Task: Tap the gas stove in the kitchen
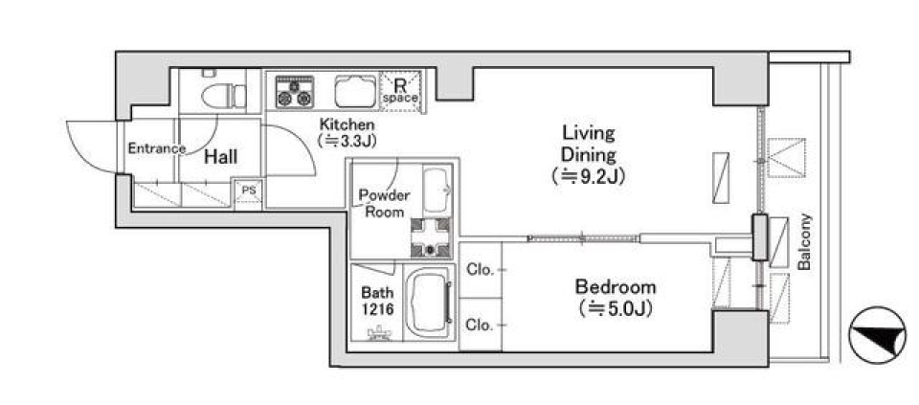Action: (294, 91)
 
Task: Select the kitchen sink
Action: (356, 91)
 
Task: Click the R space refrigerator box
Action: (401, 90)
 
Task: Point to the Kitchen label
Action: (347, 124)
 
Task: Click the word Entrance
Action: (156, 148)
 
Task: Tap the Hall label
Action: (221, 157)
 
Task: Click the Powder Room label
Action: (385, 203)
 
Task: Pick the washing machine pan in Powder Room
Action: (431, 237)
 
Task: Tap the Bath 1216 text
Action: (377, 301)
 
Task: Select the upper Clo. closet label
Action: (479, 270)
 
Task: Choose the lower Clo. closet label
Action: (479, 326)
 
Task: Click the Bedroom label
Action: (616, 288)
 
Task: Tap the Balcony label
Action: (805, 242)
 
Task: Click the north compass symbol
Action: (878, 335)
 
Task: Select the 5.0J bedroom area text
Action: (616, 308)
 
